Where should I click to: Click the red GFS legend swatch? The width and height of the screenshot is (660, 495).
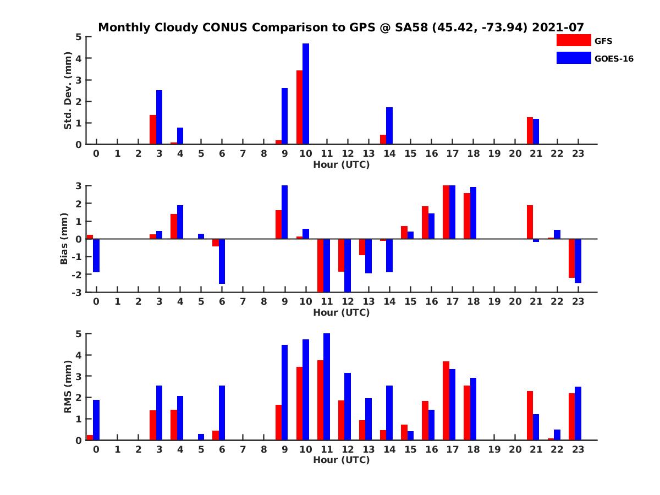coord(574,40)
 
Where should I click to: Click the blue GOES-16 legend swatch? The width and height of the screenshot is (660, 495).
coord(574,58)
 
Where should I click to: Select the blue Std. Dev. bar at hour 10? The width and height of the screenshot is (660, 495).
coord(306,94)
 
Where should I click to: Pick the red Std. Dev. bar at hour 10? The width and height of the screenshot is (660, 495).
coord(299,107)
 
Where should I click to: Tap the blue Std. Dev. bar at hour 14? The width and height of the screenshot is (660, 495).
coord(389,126)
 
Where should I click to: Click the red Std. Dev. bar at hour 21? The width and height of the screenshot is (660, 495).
coord(530,131)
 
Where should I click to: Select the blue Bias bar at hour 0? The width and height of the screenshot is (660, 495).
coord(96,256)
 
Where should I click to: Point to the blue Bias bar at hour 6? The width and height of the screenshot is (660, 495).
coord(222,261)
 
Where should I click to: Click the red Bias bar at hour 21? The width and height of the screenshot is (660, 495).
coord(530,222)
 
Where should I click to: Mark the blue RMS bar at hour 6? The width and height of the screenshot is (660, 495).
coord(222,413)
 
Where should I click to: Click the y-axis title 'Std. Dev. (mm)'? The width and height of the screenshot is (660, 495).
coord(68,91)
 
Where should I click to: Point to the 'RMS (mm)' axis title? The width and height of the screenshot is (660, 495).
coord(68,387)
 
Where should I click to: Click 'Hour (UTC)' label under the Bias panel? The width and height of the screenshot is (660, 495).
coord(341,312)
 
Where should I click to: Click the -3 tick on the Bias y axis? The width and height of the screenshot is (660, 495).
coord(78,292)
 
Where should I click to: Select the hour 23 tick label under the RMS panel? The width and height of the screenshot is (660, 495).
coord(577,449)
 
